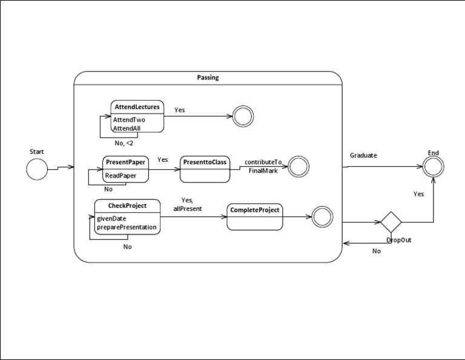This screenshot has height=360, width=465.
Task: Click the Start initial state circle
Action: click(37, 169)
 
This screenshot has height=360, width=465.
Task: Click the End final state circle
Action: click(433, 168)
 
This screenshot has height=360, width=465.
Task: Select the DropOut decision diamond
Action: click(391, 222)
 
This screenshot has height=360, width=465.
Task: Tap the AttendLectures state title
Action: click(137, 107)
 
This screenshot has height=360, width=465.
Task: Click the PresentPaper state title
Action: click(125, 162)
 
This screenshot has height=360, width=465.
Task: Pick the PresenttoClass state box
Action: click(205, 169)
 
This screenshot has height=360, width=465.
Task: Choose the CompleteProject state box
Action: click(255, 216)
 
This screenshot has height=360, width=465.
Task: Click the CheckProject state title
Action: click(128, 205)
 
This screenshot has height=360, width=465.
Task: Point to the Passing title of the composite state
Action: click(208, 78)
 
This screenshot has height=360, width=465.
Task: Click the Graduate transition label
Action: click(363, 155)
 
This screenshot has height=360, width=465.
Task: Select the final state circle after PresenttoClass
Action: click(299, 167)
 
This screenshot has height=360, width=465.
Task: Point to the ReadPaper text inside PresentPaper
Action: click(120, 176)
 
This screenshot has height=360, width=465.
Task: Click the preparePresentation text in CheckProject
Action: click(127, 227)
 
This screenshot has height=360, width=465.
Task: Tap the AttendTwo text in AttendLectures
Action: click(129, 119)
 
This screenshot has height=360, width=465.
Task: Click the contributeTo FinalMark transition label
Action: click(263, 167)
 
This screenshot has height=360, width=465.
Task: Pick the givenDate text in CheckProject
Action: click(111, 218)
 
